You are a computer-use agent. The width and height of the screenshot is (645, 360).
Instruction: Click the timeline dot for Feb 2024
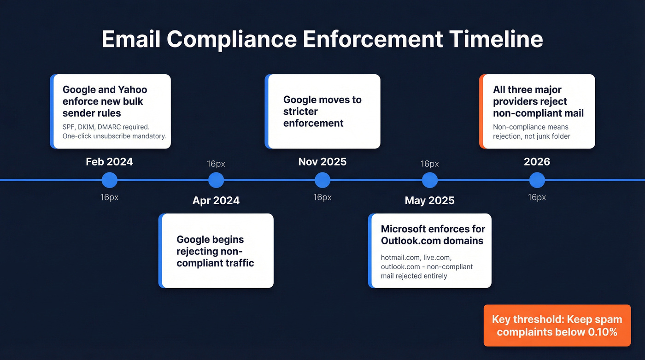point(109,180)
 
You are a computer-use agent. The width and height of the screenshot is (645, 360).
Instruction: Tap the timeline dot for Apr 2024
point(216,180)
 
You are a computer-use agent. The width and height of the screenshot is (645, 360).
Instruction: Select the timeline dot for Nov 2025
point(322,180)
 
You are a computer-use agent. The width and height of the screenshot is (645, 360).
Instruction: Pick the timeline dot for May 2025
point(429,180)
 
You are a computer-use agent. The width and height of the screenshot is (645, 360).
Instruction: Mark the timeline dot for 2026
point(537,180)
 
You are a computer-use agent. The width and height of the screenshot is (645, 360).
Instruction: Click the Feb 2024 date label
point(109,162)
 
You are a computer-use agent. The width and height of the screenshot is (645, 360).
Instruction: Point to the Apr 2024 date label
point(216,201)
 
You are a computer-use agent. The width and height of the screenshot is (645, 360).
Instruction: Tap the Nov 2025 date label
point(322,162)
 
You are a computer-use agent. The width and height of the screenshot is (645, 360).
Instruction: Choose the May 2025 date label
point(429,201)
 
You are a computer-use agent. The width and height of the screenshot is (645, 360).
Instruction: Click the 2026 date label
point(537,162)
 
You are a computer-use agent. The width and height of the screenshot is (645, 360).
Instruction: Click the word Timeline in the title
point(496,39)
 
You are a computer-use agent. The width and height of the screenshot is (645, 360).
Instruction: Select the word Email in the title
point(130,39)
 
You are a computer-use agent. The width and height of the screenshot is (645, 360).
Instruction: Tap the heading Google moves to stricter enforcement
point(322,112)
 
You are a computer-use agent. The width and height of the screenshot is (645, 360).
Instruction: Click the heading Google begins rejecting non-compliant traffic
point(215,251)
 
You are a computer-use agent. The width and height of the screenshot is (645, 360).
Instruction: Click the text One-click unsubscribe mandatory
point(114,136)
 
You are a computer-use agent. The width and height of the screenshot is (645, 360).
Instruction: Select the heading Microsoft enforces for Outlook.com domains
point(433,235)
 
